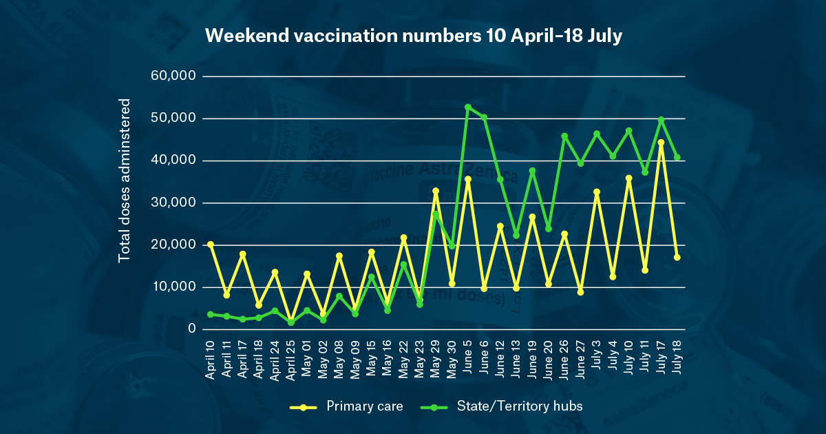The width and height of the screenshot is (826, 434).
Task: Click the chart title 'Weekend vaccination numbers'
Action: [413, 37]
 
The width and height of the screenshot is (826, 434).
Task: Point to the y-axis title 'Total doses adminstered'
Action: [125, 180]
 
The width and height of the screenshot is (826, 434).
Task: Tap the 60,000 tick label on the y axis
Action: [173, 76]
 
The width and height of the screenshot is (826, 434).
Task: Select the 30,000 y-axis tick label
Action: [173, 203]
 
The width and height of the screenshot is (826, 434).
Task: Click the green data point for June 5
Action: [468, 107]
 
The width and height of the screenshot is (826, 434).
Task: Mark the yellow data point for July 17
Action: [661, 143]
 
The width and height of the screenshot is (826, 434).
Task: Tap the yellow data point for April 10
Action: [210, 245]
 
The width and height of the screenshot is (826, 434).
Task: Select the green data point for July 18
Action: [677, 157]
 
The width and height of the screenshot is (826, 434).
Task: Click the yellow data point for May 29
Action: [436, 191]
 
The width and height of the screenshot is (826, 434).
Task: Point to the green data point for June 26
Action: [564, 136]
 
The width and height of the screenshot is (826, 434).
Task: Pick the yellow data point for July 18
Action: [677, 257]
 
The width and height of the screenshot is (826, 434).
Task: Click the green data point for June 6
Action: [484, 117]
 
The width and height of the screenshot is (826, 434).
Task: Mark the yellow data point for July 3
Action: [597, 192]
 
